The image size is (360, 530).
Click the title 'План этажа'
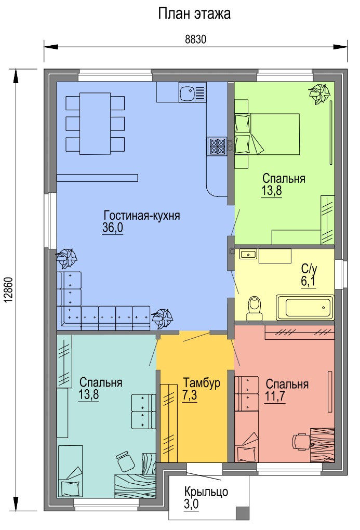tap(194, 14)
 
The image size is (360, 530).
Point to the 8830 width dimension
tap(195, 39)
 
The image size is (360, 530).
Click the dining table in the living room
tap(95, 123)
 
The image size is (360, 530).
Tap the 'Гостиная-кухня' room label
tap(142, 215)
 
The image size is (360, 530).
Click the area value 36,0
tap(113, 228)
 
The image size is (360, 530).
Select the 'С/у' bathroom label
tap(309, 269)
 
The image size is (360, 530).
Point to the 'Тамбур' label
tap(202, 382)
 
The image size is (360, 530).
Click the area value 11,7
tap(275, 396)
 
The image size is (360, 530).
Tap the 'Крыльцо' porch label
tap(206, 492)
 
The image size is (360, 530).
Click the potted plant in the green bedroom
tap(319, 94)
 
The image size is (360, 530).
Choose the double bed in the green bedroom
tap(267, 134)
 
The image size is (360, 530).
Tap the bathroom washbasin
tap(248, 254)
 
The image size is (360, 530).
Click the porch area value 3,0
tap(191, 505)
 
